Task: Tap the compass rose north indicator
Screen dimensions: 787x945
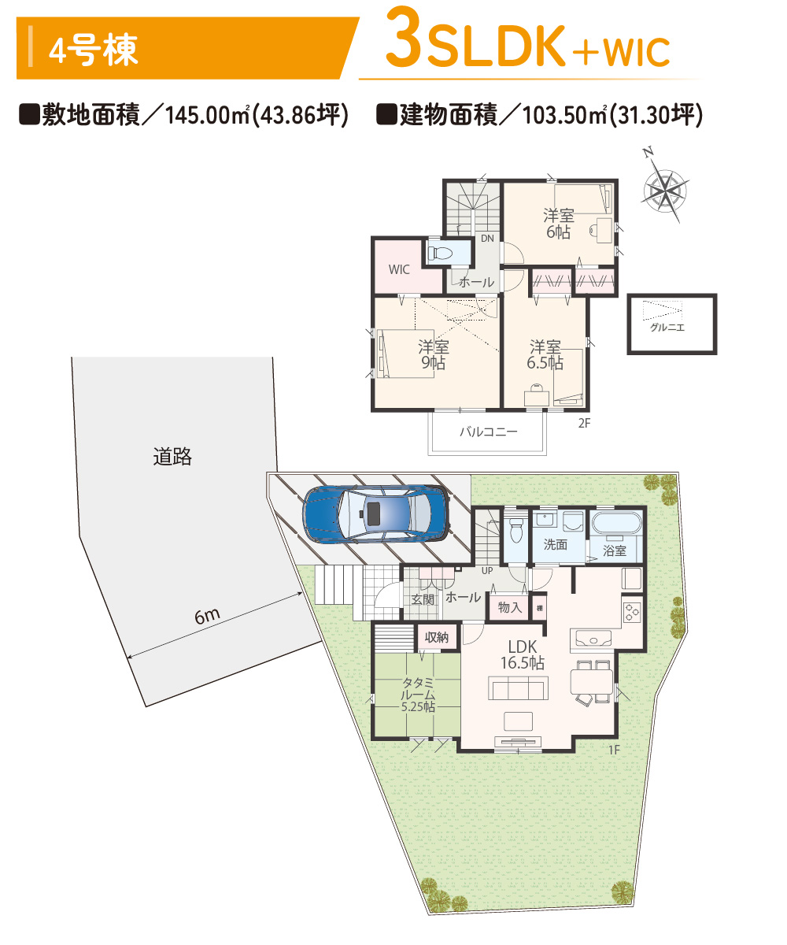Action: (x=664, y=189)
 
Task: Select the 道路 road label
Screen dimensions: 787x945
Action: (x=172, y=456)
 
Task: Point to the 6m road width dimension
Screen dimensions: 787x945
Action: (x=207, y=616)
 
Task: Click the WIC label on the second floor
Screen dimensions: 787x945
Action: (x=398, y=269)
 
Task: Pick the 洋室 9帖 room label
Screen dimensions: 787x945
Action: (x=434, y=354)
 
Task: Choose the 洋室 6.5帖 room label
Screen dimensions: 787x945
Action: (x=545, y=354)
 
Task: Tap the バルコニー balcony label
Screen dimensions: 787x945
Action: (x=489, y=431)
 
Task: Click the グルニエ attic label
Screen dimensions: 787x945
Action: (x=667, y=327)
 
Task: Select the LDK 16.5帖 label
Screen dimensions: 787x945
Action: (x=523, y=654)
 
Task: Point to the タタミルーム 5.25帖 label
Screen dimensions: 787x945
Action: (x=417, y=695)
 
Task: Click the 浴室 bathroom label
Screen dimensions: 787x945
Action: (x=614, y=550)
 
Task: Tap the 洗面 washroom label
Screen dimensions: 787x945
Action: (x=556, y=544)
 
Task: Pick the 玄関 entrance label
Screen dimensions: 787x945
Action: (x=423, y=599)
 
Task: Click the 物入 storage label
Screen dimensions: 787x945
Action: (x=510, y=607)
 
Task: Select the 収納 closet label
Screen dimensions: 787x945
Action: (x=437, y=637)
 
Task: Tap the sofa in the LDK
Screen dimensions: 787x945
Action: (x=518, y=687)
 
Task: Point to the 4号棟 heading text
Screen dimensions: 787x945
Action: (x=93, y=50)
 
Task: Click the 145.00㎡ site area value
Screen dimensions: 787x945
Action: (x=207, y=115)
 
